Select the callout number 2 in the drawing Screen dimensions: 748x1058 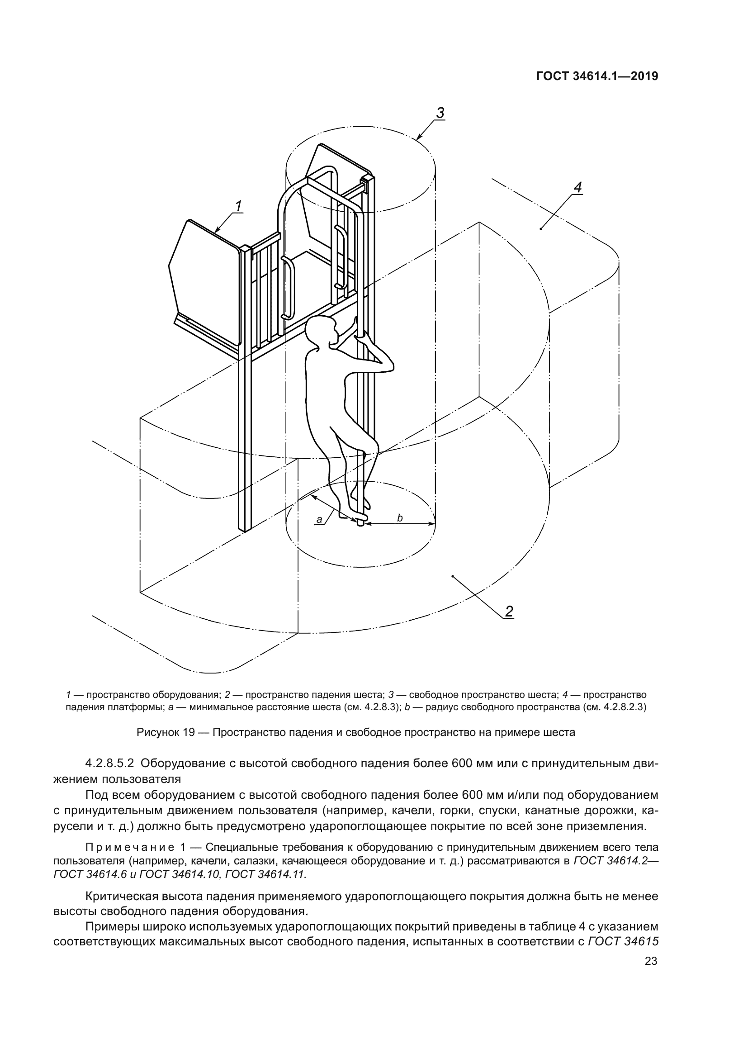(508, 612)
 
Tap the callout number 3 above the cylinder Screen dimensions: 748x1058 (440, 113)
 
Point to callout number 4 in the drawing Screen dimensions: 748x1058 (578, 188)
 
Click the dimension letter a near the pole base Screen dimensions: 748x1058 (319, 520)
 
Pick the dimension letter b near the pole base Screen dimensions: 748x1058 (400, 518)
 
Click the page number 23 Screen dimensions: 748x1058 (651, 961)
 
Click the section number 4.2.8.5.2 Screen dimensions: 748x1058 (109, 763)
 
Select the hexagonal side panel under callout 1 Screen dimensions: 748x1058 (205, 281)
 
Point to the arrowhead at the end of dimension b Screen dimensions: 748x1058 (432, 523)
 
